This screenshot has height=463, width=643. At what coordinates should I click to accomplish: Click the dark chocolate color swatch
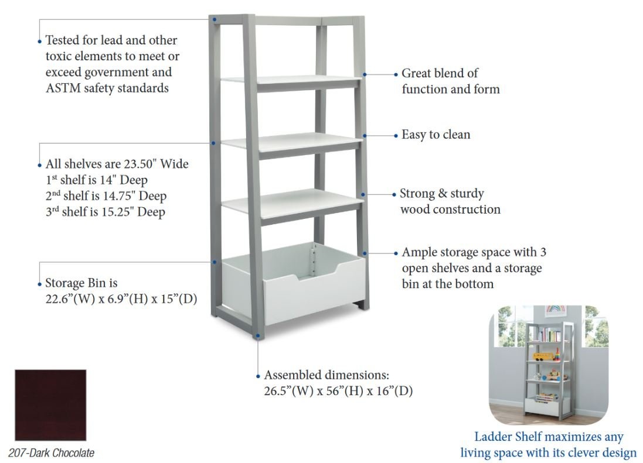[x=50, y=405]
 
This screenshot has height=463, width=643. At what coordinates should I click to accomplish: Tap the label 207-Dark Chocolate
[x=51, y=453]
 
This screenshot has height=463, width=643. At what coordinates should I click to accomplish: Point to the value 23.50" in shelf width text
[x=140, y=164]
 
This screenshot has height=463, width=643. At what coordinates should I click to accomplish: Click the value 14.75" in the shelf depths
[x=118, y=196]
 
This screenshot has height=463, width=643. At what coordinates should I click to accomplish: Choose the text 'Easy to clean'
[x=436, y=135]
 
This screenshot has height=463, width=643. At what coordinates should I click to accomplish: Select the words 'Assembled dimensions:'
[x=326, y=375]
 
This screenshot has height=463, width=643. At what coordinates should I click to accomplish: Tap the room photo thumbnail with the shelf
[x=549, y=365]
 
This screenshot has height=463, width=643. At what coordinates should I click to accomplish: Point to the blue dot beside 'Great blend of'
[x=396, y=74]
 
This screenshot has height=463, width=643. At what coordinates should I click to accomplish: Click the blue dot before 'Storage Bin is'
[x=39, y=284]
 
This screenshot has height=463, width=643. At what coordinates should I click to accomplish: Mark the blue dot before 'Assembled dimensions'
[x=258, y=376]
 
